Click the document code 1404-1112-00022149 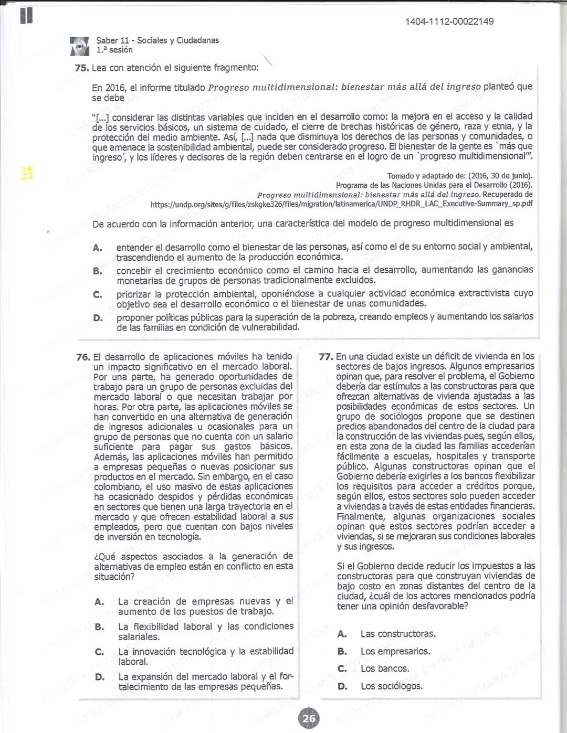click(449, 22)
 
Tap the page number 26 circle click(308, 718)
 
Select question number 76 click(83, 357)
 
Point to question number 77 click(326, 356)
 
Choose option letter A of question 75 click(97, 248)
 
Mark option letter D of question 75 click(97, 317)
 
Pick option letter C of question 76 click(99, 652)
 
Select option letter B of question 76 click(99, 627)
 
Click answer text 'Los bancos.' click(384, 668)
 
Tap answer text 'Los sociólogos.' click(391, 686)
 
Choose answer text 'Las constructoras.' click(398, 634)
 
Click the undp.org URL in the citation click(341, 204)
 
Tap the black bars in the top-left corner click(26, 15)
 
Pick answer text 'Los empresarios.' click(395, 651)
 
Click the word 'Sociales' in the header click(153, 40)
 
